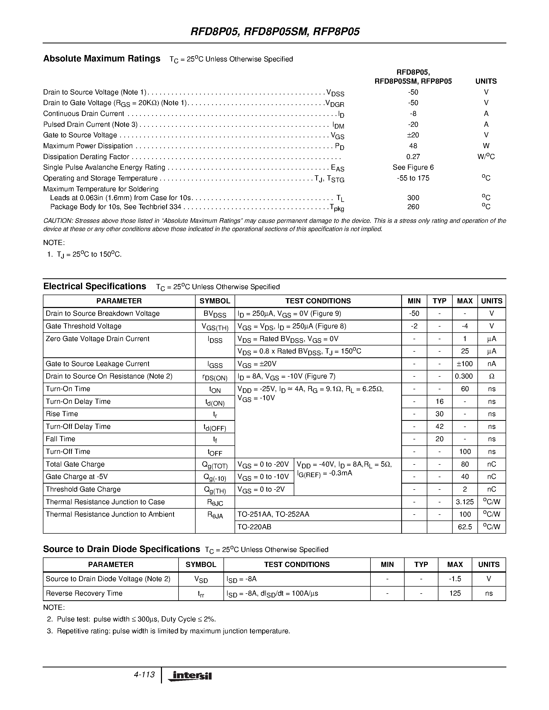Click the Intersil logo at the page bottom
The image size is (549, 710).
click(x=190, y=676)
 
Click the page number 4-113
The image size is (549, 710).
click(x=144, y=675)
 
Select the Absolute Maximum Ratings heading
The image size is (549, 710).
click(x=102, y=59)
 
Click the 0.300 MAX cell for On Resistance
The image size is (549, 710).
click(x=465, y=376)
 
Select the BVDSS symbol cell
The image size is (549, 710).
click(x=215, y=314)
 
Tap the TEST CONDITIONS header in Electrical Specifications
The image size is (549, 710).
click(x=318, y=301)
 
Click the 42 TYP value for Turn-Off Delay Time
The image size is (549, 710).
click(x=439, y=427)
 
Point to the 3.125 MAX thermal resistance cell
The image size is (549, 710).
click(x=465, y=502)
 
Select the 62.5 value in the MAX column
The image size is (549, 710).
click(x=465, y=527)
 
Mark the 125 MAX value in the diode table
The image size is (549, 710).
click(x=455, y=593)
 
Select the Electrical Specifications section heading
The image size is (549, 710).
click(x=95, y=286)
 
